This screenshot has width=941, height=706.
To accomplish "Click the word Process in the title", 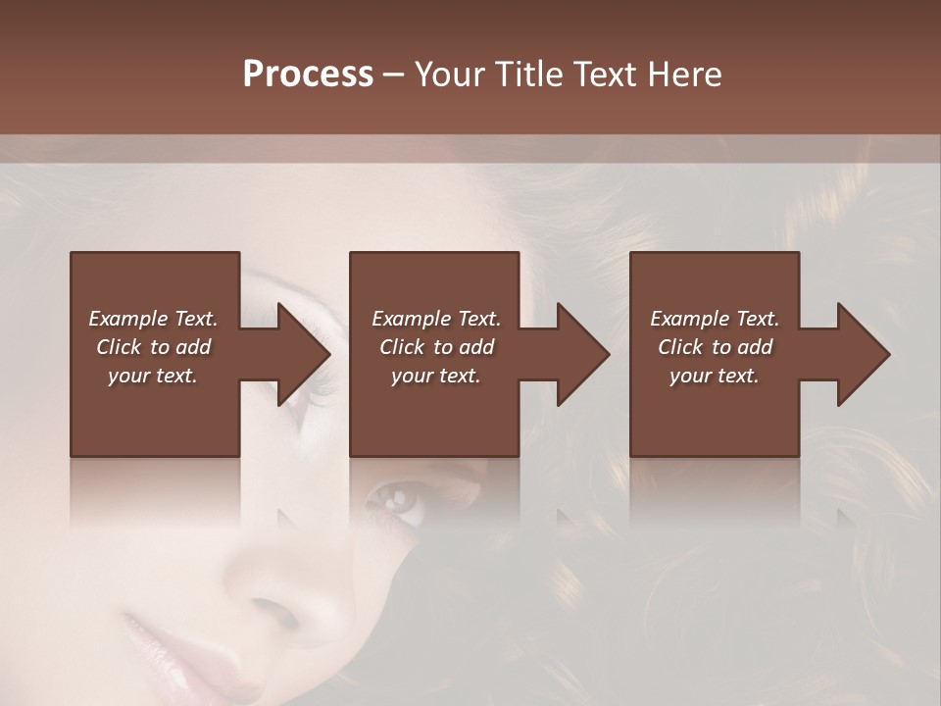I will pos(308,75).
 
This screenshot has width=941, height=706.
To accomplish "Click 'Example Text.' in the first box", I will pos(153,319).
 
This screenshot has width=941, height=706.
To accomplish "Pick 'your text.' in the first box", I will pos(153,376).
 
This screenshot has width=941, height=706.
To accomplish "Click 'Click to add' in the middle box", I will pos(436,347).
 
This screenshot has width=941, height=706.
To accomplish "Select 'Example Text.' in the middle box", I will pos(436,319).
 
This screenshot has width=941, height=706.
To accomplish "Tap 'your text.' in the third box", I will pos(715,376).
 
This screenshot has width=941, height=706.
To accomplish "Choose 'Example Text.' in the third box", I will pos(715,319).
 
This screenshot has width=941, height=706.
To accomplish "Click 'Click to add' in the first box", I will pos(153,347).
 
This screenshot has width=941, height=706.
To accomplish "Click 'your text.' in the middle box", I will pos(436,376).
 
